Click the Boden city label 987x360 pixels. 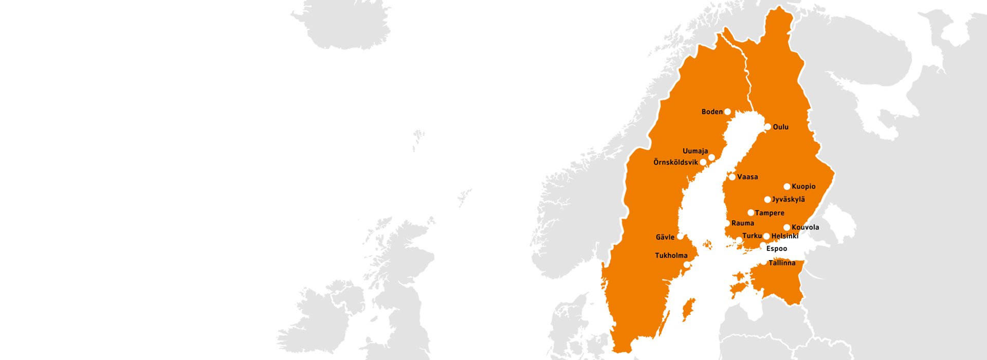(x=712, y=112)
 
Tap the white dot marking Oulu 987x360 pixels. (x=767, y=127)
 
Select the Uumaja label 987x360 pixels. (x=695, y=151)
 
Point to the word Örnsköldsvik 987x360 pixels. (x=675, y=163)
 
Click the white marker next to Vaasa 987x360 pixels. (x=732, y=177)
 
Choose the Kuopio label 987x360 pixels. (x=803, y=187)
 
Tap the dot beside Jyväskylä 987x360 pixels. (x=767, y=200)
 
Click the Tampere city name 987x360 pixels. (x=770, y=213)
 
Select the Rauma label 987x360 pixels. (x=743, y=223)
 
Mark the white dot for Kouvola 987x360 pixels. (x=787, y=227)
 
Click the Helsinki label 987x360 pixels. (x=785, y=236)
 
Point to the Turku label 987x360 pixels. (x=752, y=236)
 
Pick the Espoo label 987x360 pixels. (x=776, y=249)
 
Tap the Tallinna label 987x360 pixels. (x=782, y=263)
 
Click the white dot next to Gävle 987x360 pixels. (x=680, y=237)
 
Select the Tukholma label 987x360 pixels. (x=671, y=256)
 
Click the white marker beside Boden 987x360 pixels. (x=727, y=112)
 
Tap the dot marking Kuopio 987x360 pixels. (x=787, y=187)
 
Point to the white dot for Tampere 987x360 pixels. (x=751, y=212)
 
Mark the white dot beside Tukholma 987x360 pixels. (x=686, y=265)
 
